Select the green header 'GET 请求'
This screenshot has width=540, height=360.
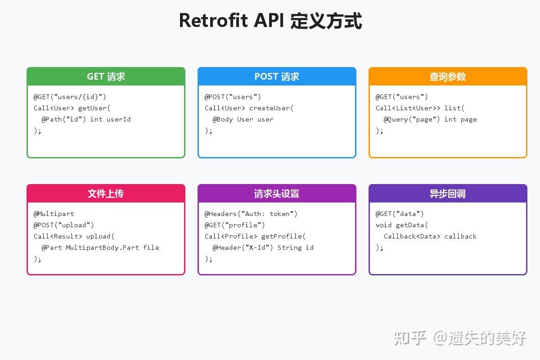pos(106,76)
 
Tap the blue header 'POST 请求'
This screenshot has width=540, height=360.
pos(277,76)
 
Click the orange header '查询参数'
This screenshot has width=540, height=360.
pos(448,76)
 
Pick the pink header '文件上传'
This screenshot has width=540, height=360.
pos(106,193)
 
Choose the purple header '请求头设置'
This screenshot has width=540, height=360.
pos(277,193)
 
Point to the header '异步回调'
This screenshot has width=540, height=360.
pos(448,193)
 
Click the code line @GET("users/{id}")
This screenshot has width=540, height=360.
pos(70,97)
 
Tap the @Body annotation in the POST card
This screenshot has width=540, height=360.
pos(223,119)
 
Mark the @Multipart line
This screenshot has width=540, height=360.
pos(54,214)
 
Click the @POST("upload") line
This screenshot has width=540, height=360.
pos(64,225)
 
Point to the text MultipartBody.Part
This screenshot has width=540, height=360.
pos(102,247)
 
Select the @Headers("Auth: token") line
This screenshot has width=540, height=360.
pos(251,214)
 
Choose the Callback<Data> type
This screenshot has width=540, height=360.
pos(412,236)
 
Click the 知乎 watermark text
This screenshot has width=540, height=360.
pos(410,337)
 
